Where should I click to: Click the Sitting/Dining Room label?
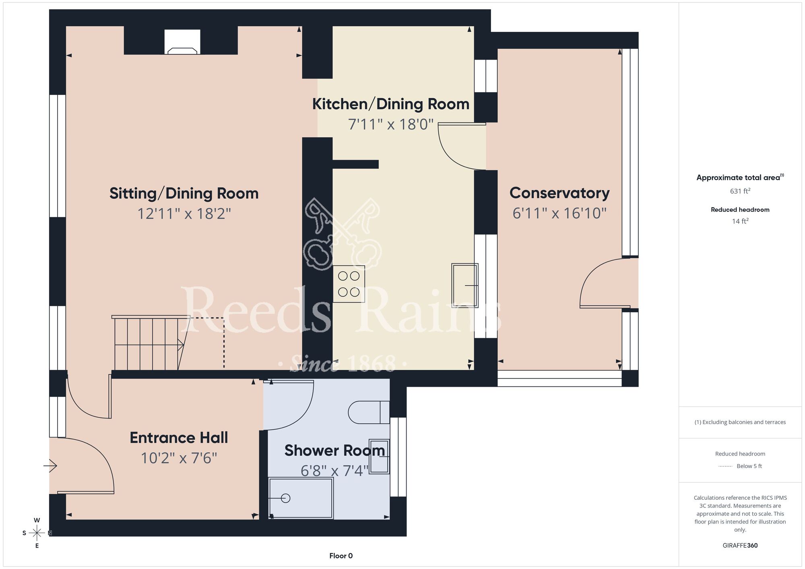(184, 194)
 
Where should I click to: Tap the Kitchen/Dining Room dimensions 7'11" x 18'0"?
(391, 124)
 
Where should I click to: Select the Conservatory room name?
(559, 193)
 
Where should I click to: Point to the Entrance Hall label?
(179, 437)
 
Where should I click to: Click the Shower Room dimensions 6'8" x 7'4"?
(334, 470)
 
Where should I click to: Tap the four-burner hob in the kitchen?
(349, 284)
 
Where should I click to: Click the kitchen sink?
(465, 285)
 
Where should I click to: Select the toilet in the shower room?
(369, 412)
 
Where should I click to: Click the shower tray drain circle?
(286, 498)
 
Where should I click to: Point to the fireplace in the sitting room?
(182, 42)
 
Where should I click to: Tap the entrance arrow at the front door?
(50, 466)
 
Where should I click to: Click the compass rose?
(37, 533)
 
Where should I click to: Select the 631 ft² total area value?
(740, 191)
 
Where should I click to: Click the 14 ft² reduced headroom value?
(740, 221)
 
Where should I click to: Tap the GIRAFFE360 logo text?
(740, 546)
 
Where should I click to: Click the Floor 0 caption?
(341, 556)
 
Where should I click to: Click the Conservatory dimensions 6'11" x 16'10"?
(559, 213)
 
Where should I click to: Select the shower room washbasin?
(379, 457)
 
